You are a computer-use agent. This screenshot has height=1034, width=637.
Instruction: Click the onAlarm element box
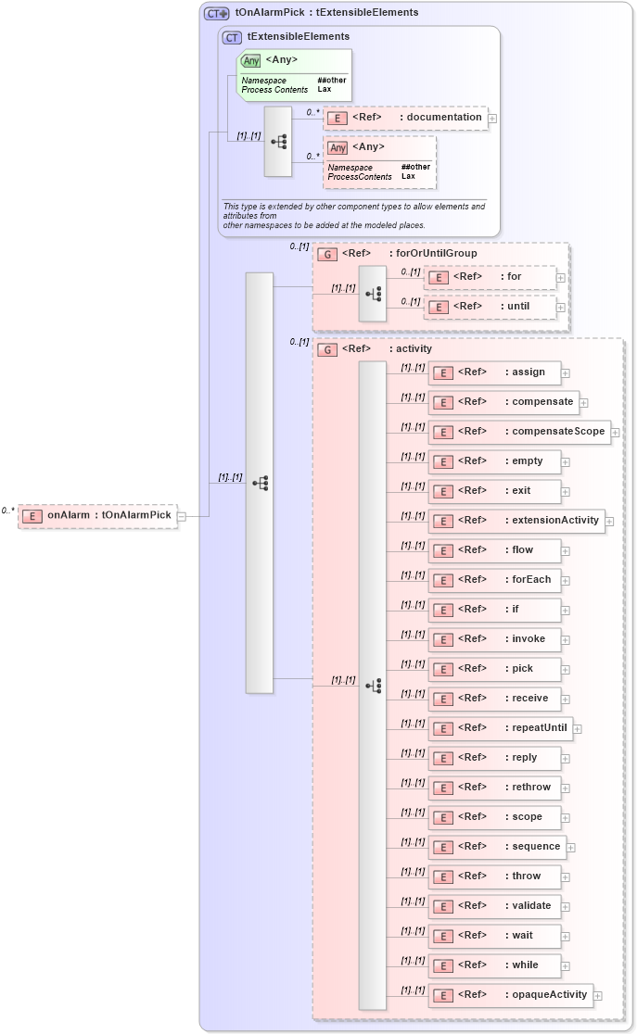tap(97, 516)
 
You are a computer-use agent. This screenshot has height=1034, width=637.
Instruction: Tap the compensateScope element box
tap(519, 432)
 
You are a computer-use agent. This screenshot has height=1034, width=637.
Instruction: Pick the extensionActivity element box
tap(516, 521)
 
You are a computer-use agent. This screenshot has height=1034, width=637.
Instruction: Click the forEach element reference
tap(494, 580)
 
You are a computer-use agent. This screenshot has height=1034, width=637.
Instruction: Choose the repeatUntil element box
tap(500, 728)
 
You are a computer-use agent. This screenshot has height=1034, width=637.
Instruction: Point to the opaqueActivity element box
tap(510, 995)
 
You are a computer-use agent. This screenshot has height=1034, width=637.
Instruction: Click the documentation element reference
tap(405, 118)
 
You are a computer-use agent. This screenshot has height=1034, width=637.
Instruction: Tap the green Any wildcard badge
tap(251, 61)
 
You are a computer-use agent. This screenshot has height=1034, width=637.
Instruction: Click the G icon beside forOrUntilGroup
tap(327, 254)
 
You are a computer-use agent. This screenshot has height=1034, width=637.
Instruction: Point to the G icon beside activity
tap(327, 350)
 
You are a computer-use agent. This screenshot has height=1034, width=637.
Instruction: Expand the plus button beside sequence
tap(571, 847)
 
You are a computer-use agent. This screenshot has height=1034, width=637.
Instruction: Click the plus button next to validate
tap(566, 906)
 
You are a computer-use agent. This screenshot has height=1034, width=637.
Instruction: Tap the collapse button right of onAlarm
tap(183, 516)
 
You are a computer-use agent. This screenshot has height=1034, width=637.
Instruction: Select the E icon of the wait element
tap(445, 936)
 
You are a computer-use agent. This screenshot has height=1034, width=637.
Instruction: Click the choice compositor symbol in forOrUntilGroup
tap(373, 294)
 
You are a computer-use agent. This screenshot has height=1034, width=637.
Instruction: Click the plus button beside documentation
tap(492, 118)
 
